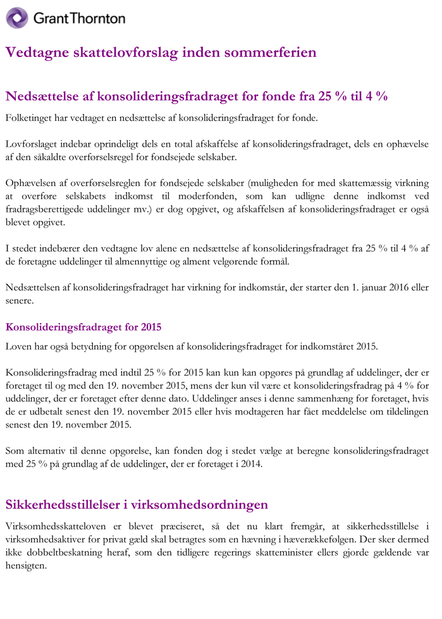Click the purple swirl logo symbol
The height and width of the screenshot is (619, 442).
(x=17, y=18)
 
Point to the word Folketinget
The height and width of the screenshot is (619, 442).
(x=29, y=118)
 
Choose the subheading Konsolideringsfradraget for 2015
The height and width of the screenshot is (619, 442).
(x=83, y=327)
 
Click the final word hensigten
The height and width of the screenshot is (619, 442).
(x=26, y=565)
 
